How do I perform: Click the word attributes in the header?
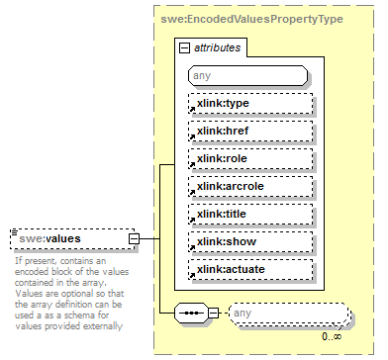point(218,46)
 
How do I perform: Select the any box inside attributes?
point(246,75)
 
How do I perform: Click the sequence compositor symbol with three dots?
point(189,314)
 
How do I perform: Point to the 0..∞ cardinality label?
point(332,336)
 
